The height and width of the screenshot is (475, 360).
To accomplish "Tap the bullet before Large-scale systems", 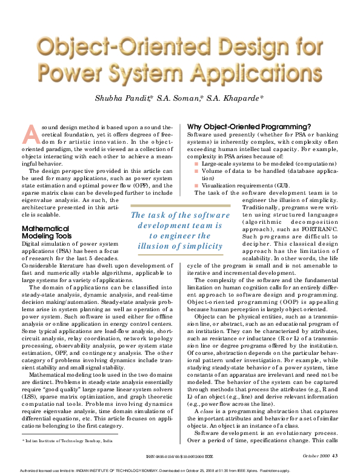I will pyautogui.click(x=196, y=164).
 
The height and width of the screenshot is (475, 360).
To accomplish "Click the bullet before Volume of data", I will pyautogui.click(x=196, y=171).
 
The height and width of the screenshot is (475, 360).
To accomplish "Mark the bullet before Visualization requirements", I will pyautogui.click(x=196, y=185).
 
